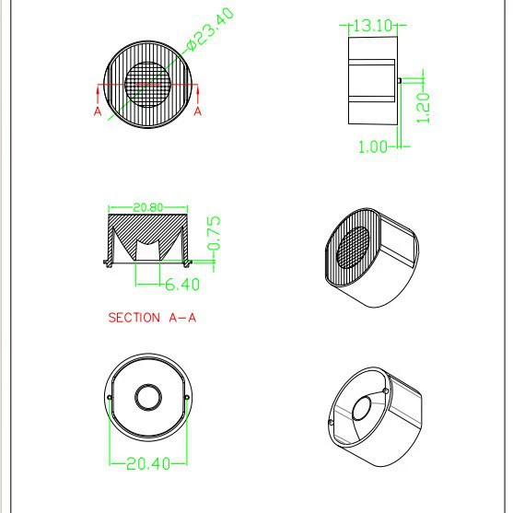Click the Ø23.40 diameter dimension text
[x=211, y=29]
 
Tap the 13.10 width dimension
[x=373, y=25]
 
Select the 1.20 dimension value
[x=424, y=108]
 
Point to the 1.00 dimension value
[x=373, y=146]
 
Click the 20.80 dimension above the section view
[x=148, y=207]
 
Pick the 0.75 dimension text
[x=214, y=233]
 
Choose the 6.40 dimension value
[x=182, y=285]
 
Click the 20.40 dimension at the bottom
[x=148, y=463]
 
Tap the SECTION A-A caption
[x=152, y=318]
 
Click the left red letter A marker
[x=98, y=111]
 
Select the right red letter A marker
[x=198, y=111]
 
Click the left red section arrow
[x=98, y=94]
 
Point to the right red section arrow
[x=198, y=94]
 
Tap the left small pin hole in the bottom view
[x=110, y=398]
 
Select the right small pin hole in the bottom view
[x=187, y=398]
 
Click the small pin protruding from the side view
[x=400, y=80]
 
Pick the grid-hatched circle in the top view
[x=148, y=85]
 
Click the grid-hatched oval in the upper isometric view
[x=353, y=247]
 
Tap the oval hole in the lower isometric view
[x=362, y=408]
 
